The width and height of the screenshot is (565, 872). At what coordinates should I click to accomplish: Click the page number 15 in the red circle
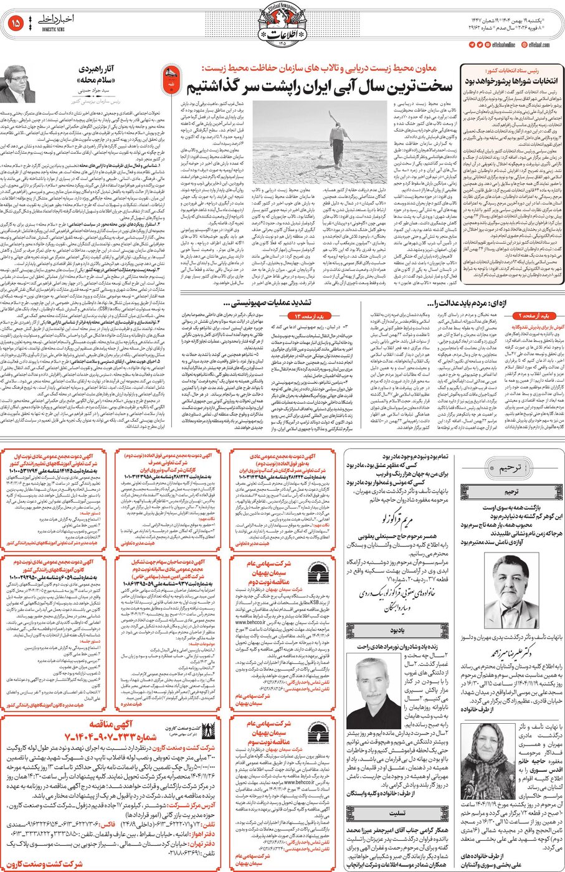[x=16, y=24]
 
